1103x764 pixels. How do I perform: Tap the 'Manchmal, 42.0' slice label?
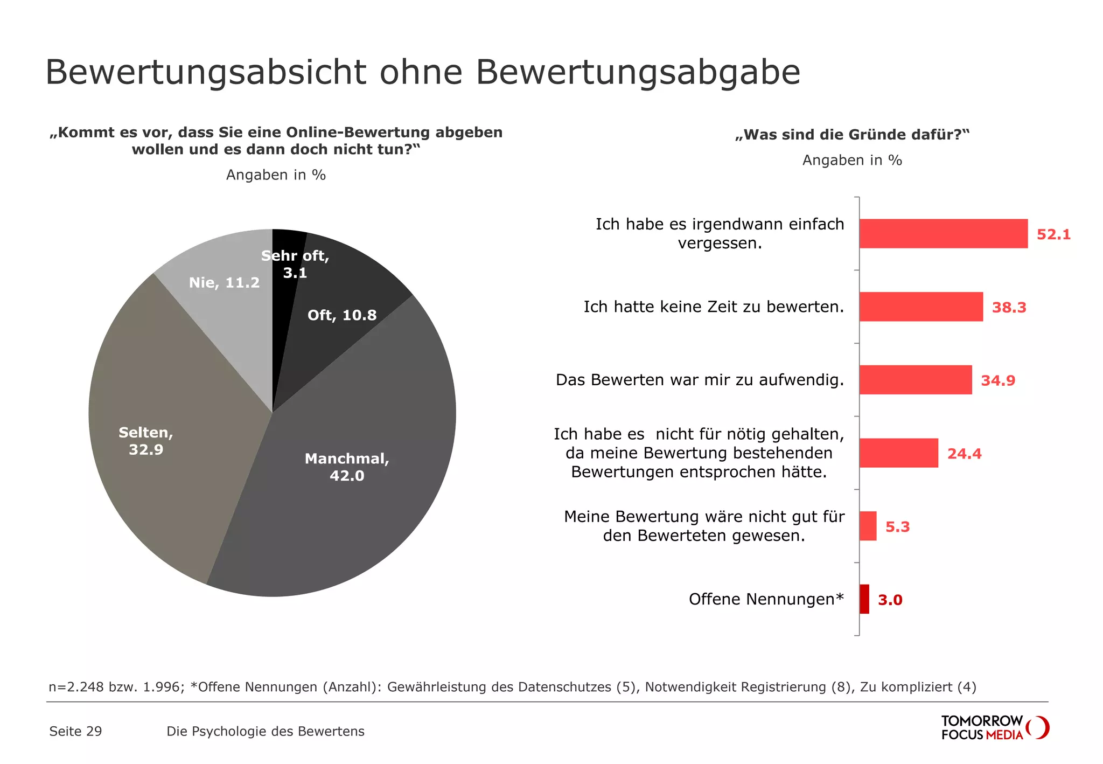pos(347,467)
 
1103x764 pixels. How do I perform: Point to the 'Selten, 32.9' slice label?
pos(146,441)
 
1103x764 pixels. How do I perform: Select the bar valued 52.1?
pos(943,234)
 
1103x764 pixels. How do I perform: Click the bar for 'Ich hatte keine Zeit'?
pos(920,307)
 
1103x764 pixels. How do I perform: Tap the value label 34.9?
pos(997,380)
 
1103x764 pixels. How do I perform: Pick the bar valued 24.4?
pos(898,453)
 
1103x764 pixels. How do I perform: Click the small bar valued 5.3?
pos(868,526)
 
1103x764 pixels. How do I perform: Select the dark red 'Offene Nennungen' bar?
pos(864,599)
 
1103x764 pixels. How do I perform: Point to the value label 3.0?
pos(890,600)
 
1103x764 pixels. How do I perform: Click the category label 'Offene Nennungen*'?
pos(766,599)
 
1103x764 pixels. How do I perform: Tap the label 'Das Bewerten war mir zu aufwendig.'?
pos(699,380)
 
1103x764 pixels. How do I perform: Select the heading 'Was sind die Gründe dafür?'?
pos(852,135)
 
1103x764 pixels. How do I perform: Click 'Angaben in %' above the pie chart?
pos(276,175)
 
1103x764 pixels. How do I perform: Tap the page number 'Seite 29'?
pos(75,731)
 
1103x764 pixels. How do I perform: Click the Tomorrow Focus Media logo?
pos(994,728)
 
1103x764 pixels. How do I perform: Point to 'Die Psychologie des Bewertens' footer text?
pos(266,731)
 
